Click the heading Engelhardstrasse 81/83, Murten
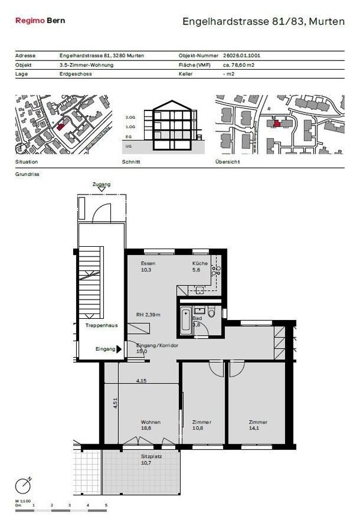coord(263,22)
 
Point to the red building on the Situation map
coord(61,125)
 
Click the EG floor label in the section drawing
coord(128,137)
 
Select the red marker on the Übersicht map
coord(276,122)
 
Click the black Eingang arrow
coord(119,348)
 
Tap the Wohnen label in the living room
coord(151,422)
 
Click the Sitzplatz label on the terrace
coord(143,456)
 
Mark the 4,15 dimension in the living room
coord(142,381)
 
